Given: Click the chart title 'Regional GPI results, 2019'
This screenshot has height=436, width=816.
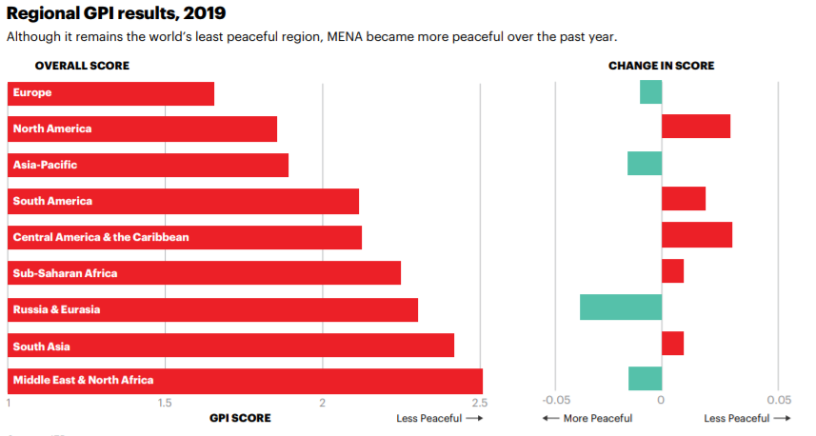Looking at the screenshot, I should click(x=117, y=13).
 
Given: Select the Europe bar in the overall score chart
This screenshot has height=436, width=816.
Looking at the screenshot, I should click(x=110, y=93).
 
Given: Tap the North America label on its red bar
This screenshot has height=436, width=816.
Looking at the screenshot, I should click(x=52, y=129).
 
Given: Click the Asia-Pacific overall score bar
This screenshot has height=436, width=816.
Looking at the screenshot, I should click(x=148, y=165).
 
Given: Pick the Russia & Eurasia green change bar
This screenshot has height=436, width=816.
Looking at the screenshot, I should click(x=620, y=307).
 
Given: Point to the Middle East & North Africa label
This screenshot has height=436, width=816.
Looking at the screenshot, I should click(x=83, y=380).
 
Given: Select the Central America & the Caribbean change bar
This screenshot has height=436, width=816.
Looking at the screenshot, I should click(x=696, y=235).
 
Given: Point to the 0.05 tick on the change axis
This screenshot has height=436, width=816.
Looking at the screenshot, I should click(x=779, y=400).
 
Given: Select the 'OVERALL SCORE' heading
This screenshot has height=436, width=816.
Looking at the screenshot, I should click(x=82, y=66).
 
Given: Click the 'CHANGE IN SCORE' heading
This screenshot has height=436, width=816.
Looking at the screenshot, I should click(x=661, y=66).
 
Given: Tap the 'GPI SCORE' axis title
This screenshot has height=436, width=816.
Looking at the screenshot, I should click(x=240, y=418).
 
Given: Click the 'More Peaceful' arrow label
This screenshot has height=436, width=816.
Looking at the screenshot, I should click(x=587, y=418).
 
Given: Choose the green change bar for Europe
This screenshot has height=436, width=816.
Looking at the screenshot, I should click(x=650, y=91).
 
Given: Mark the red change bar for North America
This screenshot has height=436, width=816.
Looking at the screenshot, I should click(x=695, y=126).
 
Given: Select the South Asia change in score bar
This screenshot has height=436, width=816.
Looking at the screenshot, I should click(x=672, y=343).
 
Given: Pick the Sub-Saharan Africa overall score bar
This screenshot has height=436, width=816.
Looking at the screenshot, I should click(x=204, y=272).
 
